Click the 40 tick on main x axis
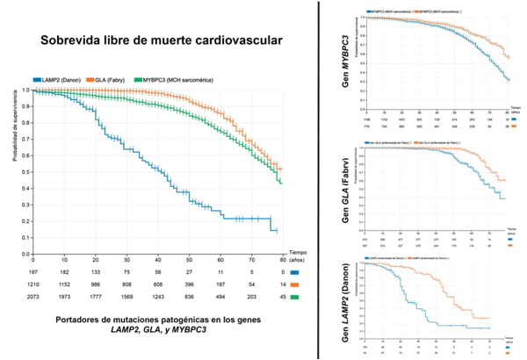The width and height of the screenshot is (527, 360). point(157,261)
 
